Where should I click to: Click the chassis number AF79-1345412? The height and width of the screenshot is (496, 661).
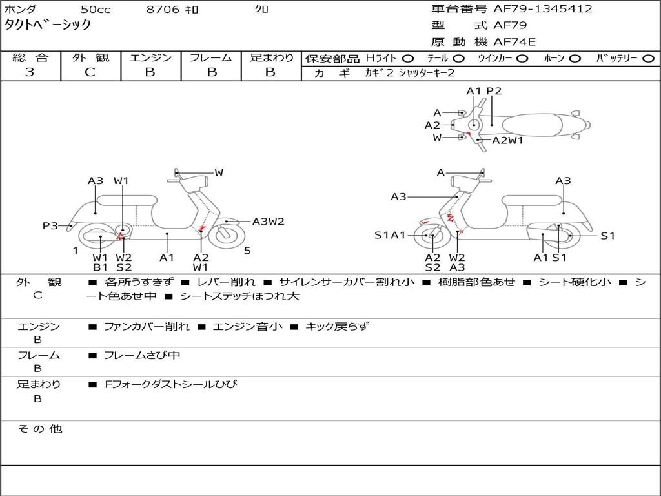(x=543, y=9)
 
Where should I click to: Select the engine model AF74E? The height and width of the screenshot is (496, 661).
(x=514, y=42)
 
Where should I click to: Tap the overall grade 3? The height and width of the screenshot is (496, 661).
(x=30, y=72)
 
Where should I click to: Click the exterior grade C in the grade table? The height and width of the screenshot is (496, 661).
(x=90, y=72)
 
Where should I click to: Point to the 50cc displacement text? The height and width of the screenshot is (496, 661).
(x=96, y=9)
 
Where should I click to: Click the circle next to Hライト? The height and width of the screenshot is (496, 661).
(x=408, y=59)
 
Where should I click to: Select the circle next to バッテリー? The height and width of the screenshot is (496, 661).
(x=649, y=59)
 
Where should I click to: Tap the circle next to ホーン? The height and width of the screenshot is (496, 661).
(x=575, y=59)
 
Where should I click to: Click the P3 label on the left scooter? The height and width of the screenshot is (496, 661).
(x=50, y=226)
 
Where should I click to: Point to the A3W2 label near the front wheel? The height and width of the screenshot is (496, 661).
(x=269, y=222)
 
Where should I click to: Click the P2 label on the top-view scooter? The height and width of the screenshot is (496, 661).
(x=494, y=91)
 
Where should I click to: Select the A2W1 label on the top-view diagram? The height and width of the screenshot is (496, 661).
(x=507, y=140)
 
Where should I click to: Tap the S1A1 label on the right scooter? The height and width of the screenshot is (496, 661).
(x=390, y=235)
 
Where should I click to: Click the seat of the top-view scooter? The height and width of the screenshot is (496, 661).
(x=532, y=125)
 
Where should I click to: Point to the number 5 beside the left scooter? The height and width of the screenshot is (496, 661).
(x=247, y=251)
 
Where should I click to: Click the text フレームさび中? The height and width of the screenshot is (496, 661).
(x=142, y=356)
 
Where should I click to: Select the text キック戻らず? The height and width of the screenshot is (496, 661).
(x=337, y=326)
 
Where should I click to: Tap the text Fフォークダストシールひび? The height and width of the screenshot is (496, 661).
(x=170, y=384)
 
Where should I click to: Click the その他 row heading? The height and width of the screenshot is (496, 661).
(x=39, y=429)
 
